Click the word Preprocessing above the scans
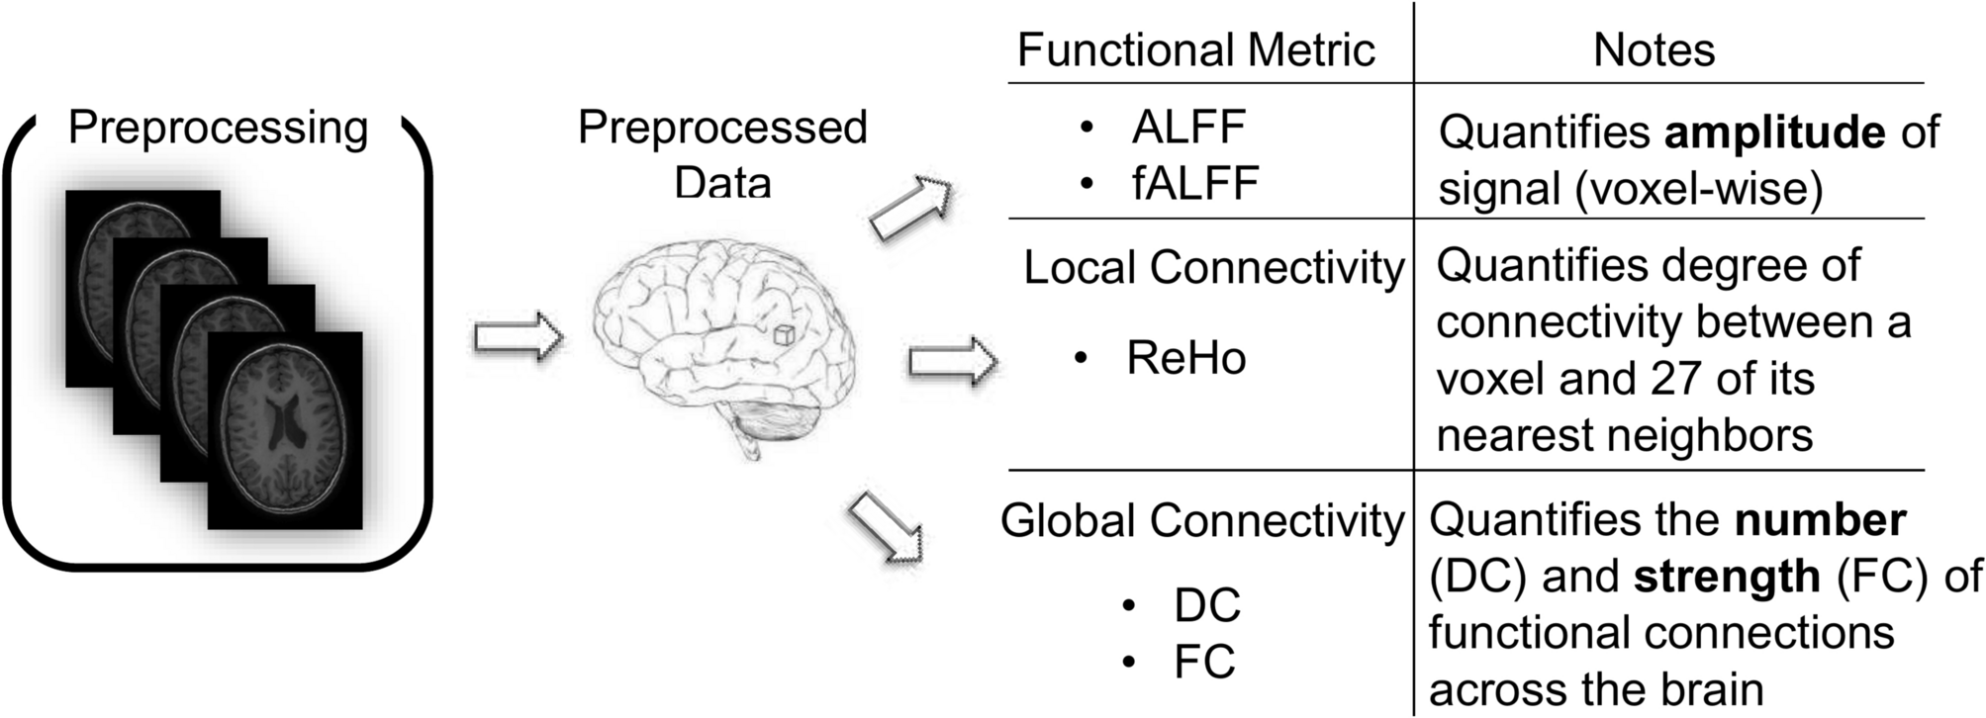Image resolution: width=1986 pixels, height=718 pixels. tap(218, 129)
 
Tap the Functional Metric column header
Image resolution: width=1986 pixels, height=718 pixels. tap(1195, 49)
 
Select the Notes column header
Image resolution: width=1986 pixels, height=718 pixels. tap(1654, 49)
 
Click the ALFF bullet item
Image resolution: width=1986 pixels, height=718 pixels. tap(1187, 127)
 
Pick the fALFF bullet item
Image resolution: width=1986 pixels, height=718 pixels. tap(1194, 183)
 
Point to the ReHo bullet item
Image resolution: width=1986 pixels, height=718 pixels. tap(1185, 358)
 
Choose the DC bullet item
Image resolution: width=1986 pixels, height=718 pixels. tap(1206, 605)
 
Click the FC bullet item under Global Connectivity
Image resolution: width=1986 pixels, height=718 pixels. tap(1204, 662)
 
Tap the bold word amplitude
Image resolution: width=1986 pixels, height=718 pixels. tap(1774, 133)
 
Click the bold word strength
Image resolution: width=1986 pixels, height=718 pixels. tap(1726, 576)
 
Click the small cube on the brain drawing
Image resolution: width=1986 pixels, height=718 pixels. tap(784, 334)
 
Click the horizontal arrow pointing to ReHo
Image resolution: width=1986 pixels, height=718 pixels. tap(952, 361)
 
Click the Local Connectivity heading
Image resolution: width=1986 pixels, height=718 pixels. tap(1212, 268)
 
